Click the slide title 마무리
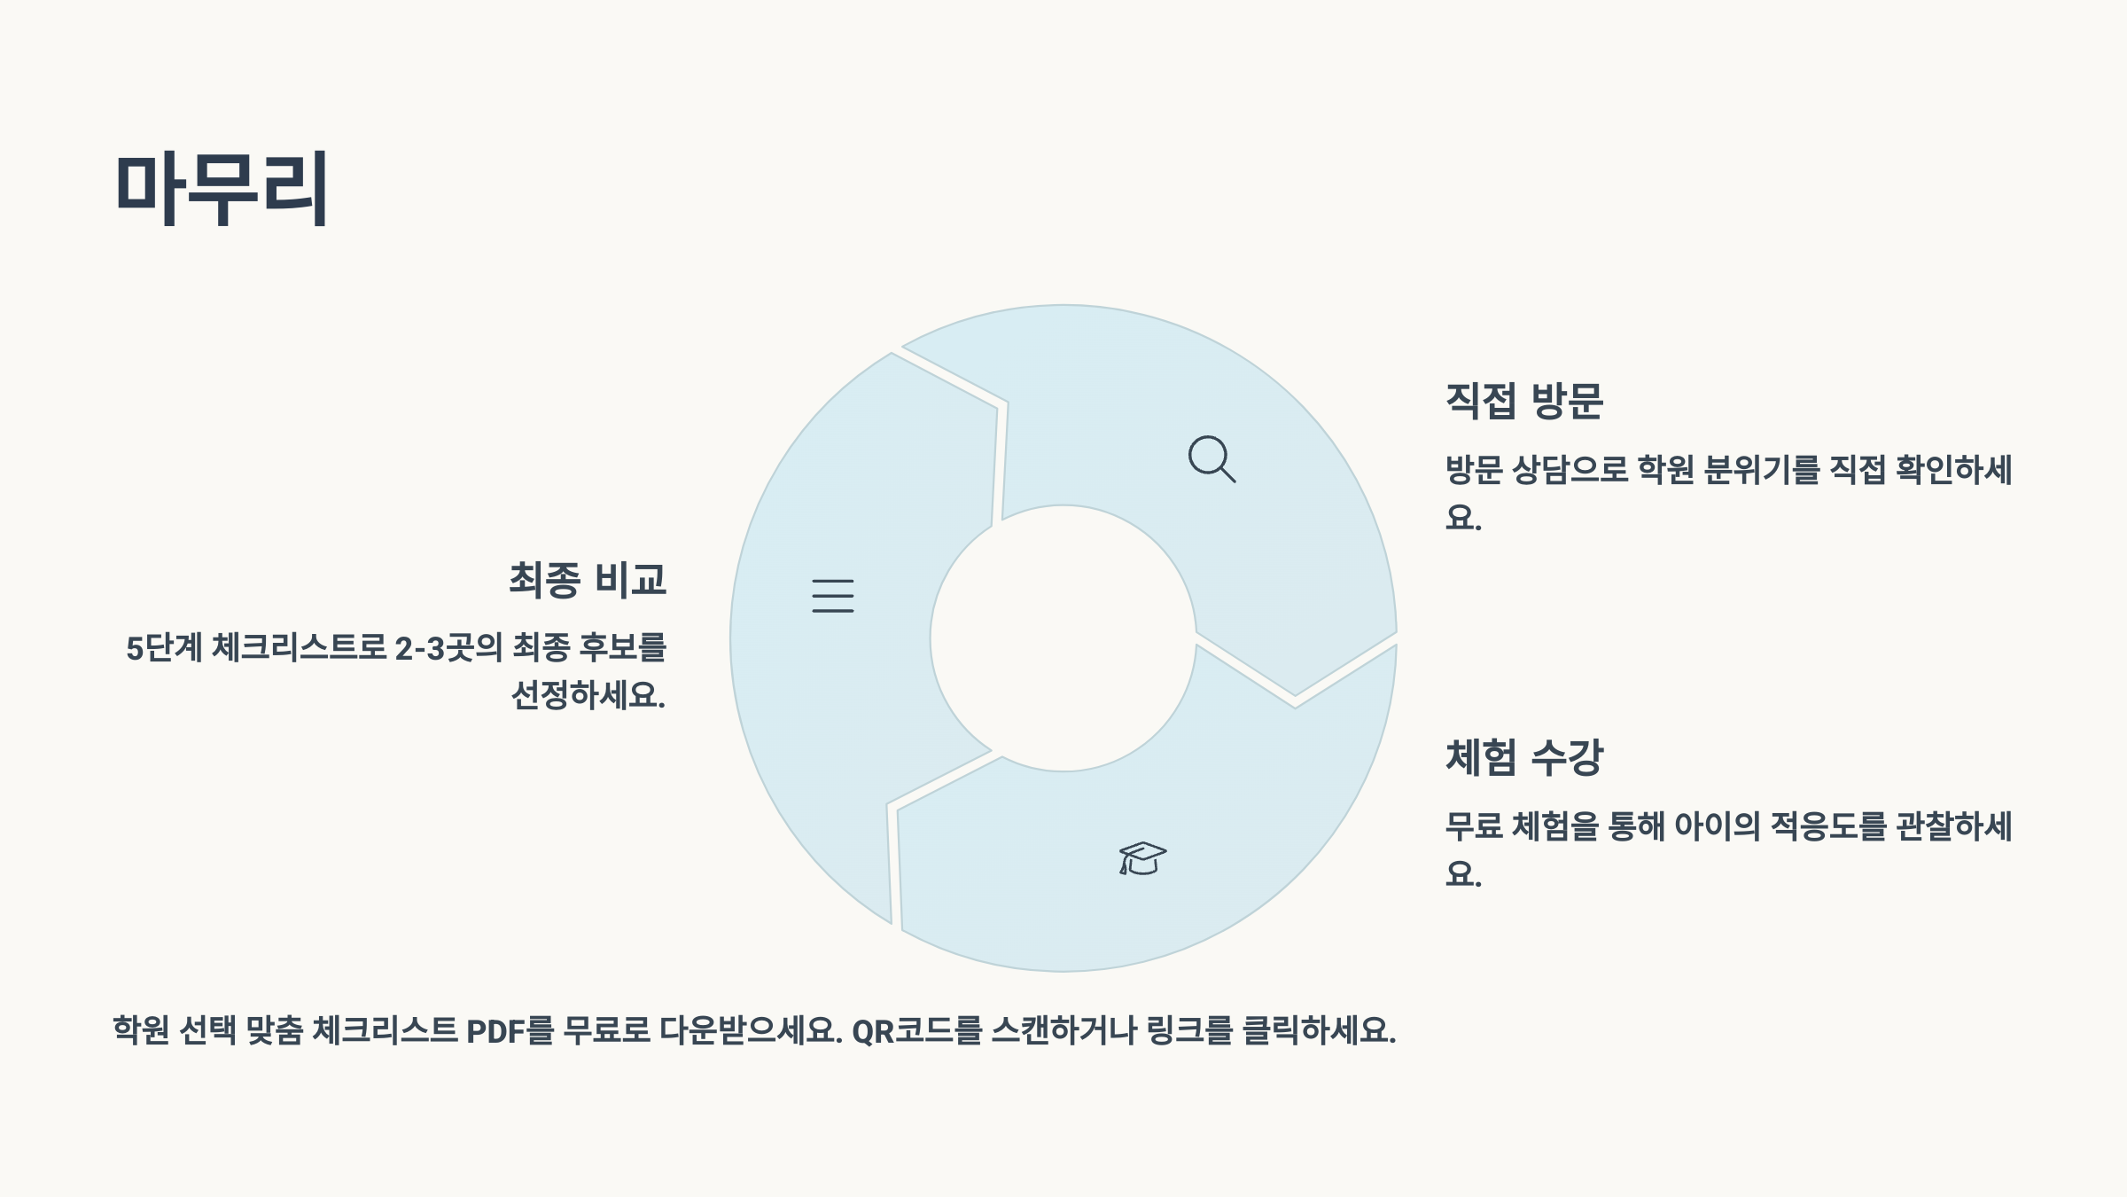coord(222,188)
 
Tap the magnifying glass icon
coord(1212,458)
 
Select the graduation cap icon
coord(1142,858)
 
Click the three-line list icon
coord(833,596)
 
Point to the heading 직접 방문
coord(1524,401)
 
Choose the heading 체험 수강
coord(1524,757)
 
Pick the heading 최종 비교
coord(588,580)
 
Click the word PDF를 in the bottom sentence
coord(510,1030)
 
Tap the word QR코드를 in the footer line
coord(917,1030)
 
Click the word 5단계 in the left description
coord(164,648)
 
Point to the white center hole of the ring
coord(1063,638)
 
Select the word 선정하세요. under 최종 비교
coord(588,694)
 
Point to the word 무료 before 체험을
coord(1474,826)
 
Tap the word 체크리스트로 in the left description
coord(300,648)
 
